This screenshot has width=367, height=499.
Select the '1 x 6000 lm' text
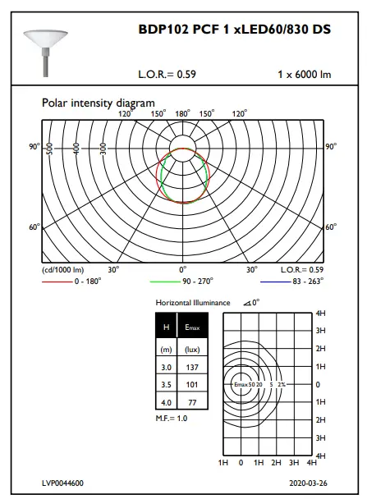click(304, 75)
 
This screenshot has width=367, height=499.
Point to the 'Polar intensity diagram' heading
click(98, 103)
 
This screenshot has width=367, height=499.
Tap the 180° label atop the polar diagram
click(182, 114)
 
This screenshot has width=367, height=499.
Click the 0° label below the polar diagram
click(182, 269)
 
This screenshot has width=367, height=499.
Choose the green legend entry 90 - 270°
click(202, 280)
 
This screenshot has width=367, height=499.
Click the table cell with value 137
click(194, 366)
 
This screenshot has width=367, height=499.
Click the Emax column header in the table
click(194, 327)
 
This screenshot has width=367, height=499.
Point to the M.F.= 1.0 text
click(172, 419)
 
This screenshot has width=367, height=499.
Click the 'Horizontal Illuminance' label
click(193, 303)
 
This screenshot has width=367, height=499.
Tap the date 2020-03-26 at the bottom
click(308, 484)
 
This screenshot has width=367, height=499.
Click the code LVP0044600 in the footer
click(63, 484)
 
